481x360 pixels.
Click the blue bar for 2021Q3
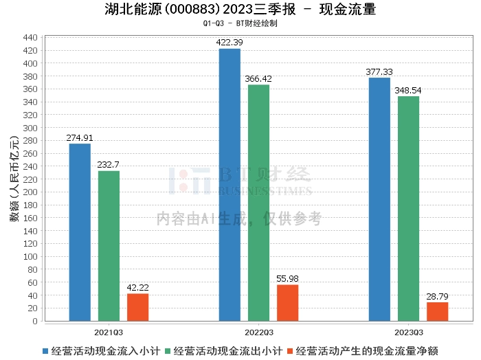(80, 232)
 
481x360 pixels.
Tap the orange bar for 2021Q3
(137, 307)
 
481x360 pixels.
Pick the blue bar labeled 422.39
(230, 185)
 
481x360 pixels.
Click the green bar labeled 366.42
(258, 203)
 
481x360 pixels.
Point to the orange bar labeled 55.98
(287, 303)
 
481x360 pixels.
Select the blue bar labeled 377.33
(379, 199)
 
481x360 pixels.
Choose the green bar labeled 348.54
(408, 208)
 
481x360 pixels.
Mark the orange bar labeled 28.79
(437, 311)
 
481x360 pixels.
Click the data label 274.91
(78, 138)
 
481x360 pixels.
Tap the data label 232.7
(109, 165)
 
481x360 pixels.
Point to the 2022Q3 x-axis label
(258, 330)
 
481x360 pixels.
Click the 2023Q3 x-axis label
(408, 330)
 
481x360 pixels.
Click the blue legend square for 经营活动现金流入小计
(45, 350)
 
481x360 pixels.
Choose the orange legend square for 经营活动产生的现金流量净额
(291, 350)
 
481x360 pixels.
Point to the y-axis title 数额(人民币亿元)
(14, 180)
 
